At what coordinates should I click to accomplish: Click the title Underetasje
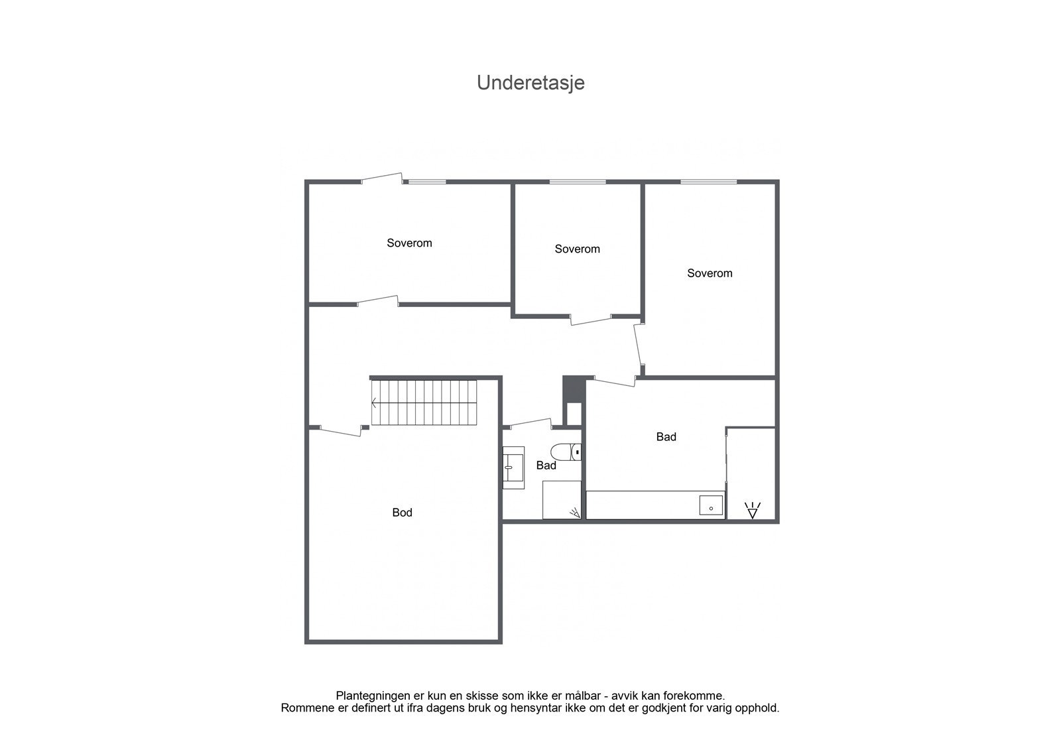click(530, 83)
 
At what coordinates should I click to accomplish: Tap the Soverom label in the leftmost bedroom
click(409, 243)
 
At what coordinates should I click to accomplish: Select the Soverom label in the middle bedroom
click(577, 249)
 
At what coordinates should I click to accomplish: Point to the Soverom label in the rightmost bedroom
click(710, 273)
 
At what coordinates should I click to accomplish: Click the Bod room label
click(402, 513)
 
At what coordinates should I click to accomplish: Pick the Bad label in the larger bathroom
click(666, 437)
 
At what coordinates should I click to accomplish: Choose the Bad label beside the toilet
click(546, 466)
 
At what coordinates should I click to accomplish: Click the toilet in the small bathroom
click(566, 452)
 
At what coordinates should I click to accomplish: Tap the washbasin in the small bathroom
click(513, 467)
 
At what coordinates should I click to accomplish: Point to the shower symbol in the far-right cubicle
click(752, 511)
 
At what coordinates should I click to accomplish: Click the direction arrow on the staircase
click(375, 403)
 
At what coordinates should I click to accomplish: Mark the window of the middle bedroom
click(577, 182)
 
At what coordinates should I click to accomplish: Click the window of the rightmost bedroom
click(708, 182)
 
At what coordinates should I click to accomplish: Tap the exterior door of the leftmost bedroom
click(381, 178)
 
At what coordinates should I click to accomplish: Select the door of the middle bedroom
click(592, 320)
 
